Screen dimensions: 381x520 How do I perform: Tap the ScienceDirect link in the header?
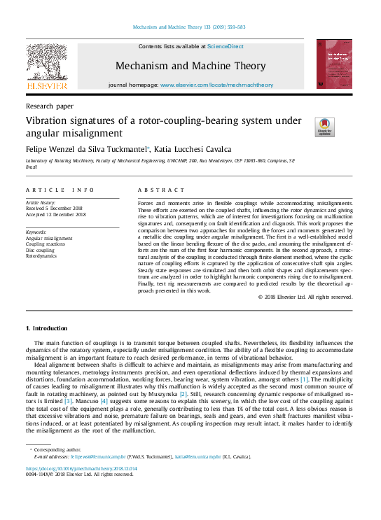226,46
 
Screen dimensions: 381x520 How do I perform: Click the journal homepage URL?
216,85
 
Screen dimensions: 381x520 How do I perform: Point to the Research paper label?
49,106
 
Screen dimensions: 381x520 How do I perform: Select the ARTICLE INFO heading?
60,190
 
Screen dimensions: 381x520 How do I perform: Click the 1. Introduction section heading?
46,328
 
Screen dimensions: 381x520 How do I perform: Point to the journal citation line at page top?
189,28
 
